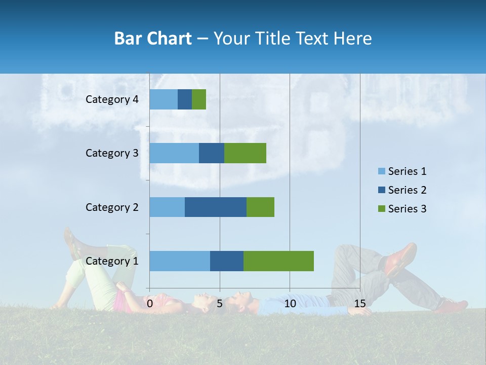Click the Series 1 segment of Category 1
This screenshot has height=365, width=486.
pos(180,261)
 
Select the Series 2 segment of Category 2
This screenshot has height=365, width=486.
pos(216,207)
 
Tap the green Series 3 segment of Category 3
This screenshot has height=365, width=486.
pos(245,153)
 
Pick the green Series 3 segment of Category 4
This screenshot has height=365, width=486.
pos(199,99)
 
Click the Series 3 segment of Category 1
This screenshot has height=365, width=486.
pos(278,261)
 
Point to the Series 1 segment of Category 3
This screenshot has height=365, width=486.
pos(174,153)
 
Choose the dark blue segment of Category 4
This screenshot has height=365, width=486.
pos(185,99)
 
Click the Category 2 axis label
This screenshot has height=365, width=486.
pos(112,207)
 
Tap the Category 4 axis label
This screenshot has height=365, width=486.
pos(112,99)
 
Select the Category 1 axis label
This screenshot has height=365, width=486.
pos(112,261)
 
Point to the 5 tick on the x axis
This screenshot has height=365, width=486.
pos(220,304)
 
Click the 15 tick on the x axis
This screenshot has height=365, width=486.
pos(359,304)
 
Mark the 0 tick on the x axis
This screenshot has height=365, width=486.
pos(150,304)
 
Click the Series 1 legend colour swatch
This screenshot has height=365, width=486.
pos(381,171)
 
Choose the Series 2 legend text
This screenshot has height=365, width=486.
pos(407,190)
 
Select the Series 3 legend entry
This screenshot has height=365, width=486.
pos(402,209)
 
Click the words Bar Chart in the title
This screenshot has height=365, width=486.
pos(153,39)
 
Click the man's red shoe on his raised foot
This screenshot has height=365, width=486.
pos(401,258)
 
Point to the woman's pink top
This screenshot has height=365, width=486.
pos(120,301)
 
